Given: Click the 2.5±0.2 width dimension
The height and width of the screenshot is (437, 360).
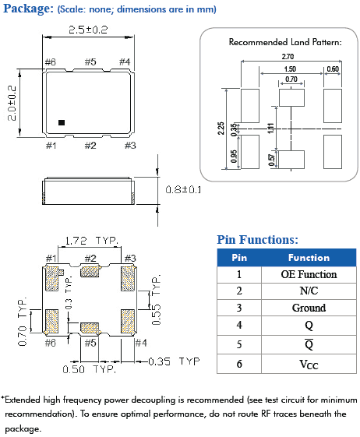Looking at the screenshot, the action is (x=88, y=30).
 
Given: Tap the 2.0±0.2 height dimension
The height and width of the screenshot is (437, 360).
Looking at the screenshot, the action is (x=12, y=103).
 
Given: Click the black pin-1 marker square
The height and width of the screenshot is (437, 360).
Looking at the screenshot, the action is (x=62, y=122).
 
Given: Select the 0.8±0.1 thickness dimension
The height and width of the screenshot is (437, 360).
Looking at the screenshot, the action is (x=183, y=190).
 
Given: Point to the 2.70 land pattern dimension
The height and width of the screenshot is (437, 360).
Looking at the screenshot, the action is (x=288, y=57).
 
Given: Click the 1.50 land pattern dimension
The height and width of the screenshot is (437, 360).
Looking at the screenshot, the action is (x=290, y=69).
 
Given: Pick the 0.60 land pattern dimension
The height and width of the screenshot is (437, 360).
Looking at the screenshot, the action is (x=333, y=69).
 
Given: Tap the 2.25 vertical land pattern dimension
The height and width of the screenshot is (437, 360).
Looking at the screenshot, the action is (x=221, y=129).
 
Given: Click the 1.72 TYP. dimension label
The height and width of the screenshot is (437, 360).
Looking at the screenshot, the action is (x=92, y=241).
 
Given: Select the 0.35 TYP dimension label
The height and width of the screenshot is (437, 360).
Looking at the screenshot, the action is (x=174, y=361).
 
